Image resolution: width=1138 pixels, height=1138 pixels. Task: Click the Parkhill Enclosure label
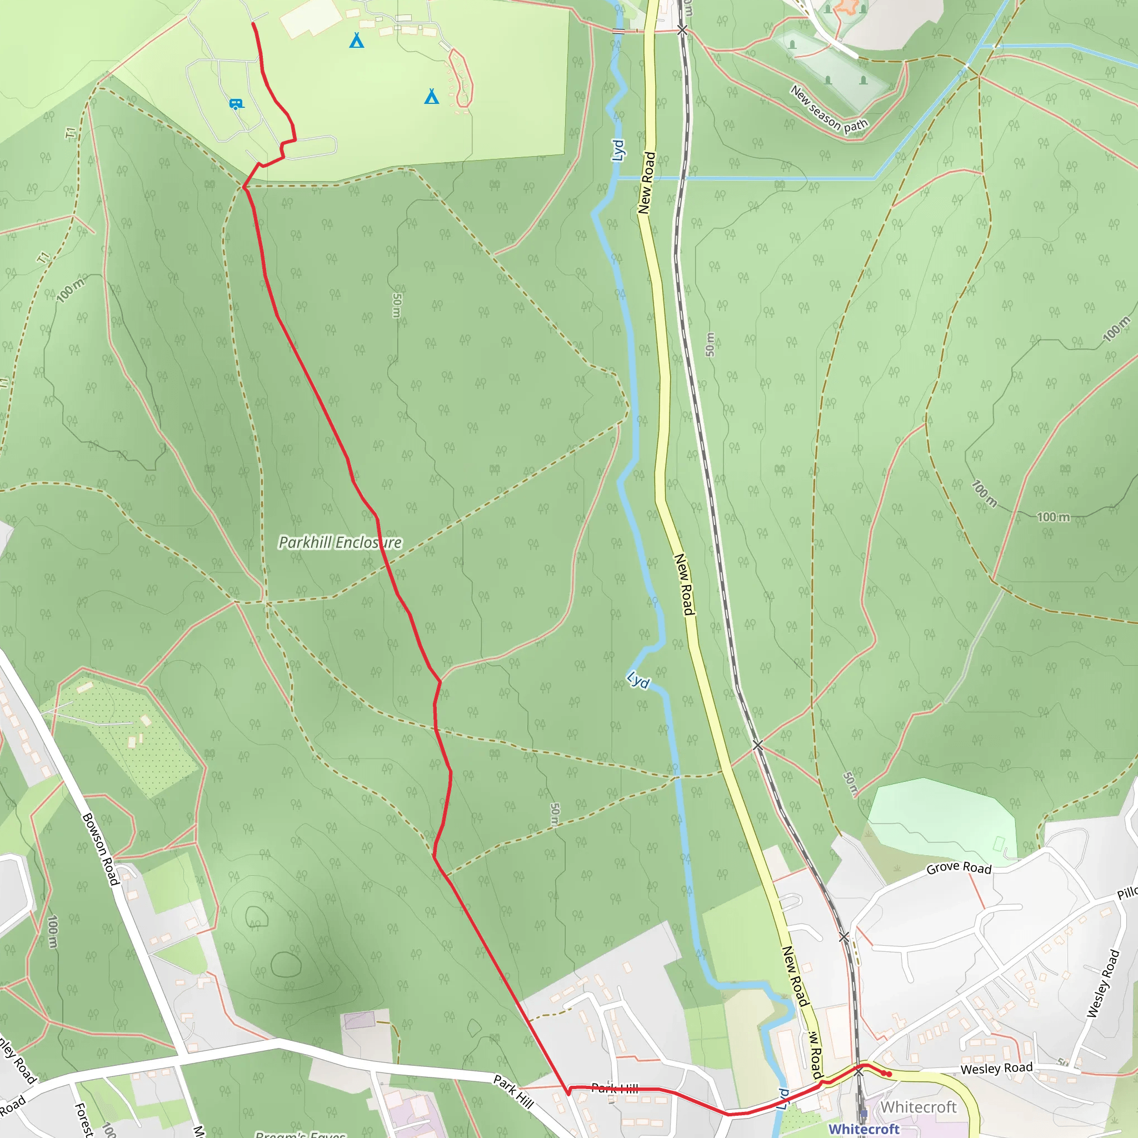[x=340, y=542]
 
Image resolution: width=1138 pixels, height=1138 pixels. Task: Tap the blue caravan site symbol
[x=236, y=104]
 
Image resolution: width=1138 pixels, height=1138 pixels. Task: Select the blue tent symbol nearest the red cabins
[x=432, y=96]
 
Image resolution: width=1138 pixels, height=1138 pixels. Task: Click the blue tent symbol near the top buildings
[x=356, y=40]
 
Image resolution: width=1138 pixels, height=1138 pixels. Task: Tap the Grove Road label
[x=959, y=867]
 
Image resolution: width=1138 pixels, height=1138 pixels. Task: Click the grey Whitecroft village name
[x=919, y=1107]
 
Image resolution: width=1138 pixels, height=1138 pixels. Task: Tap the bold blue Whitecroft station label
[x=864, y=1129]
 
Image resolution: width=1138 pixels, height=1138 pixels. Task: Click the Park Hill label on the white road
[x=513, y=1091]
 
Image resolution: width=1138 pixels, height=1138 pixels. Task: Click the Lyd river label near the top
[x=617, y=150]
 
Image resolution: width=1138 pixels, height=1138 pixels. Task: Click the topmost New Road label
[x=647, y=183]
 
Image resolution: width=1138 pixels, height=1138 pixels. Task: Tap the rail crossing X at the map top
[x=682, y=29]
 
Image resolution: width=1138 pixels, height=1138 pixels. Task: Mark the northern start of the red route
[x=253, y=23]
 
